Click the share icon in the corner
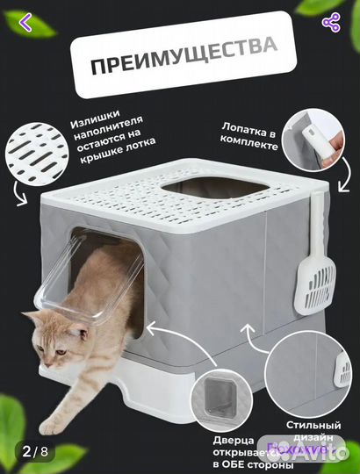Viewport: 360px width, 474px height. [x=331, y=24]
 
